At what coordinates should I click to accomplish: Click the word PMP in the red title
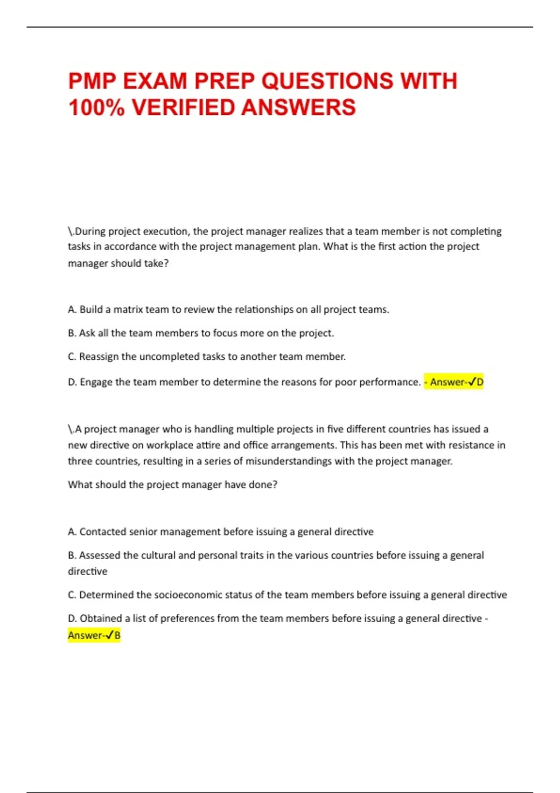(91, 81)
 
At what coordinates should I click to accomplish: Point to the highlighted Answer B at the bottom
(94, 635)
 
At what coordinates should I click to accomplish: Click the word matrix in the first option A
(128, 310)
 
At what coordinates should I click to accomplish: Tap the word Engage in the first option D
(96, 382)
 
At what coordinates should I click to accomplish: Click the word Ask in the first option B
(87, 333)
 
